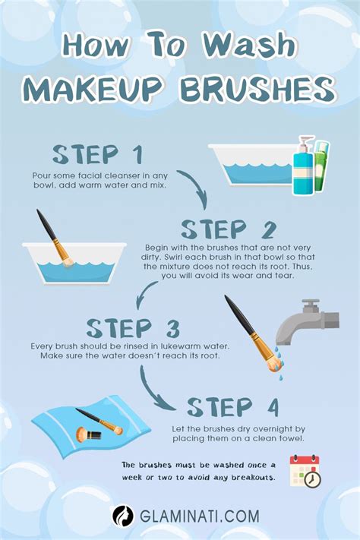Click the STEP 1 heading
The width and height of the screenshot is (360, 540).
97,154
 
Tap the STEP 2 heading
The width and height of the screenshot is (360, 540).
228,229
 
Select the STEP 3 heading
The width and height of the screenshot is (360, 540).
134,329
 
